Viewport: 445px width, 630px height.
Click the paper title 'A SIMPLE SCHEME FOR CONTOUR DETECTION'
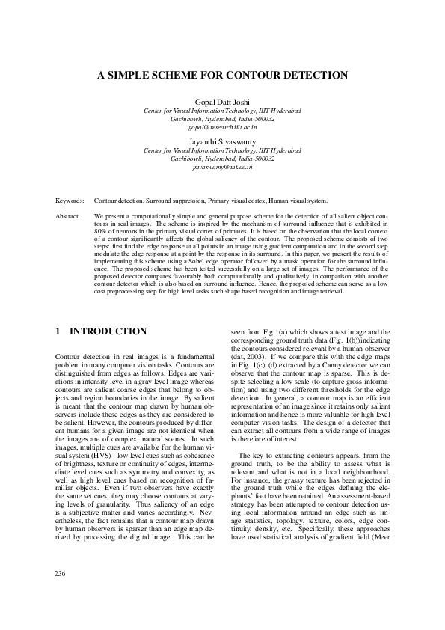click(222, 76)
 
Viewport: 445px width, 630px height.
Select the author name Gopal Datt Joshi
click(222, 102)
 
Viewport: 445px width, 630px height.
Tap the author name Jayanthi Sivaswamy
click(222, 141)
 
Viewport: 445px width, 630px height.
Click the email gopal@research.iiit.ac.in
click(222, 128)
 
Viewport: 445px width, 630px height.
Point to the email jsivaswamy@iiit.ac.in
click(222, 167)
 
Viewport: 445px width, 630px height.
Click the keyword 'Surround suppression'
click(175, 201)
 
